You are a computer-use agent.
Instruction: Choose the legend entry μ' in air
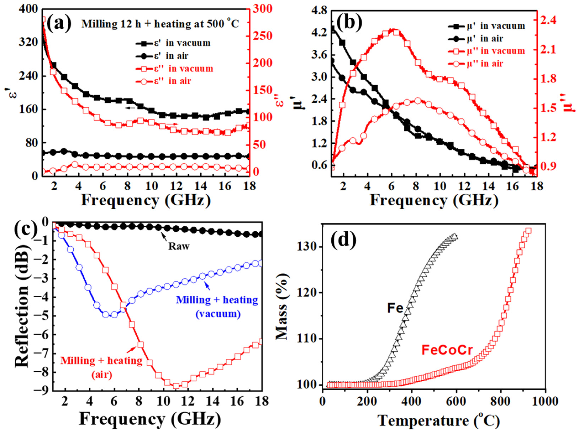click(x=475, y=39)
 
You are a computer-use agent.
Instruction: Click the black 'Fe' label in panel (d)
click(x=395, y=309)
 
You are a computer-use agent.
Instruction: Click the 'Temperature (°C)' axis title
click(x=439, y=421)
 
